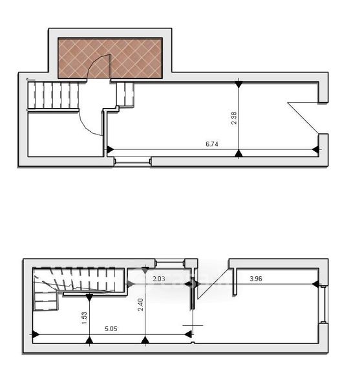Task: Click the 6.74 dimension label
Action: [x=212, y=144]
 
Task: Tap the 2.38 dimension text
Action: [x=234, y=118]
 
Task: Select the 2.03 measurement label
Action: [x=159, y=279]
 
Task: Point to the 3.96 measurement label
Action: [x=256, y=279]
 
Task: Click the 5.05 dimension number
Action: [x=111, y=329]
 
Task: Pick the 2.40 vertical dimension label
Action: [x=140, y=305]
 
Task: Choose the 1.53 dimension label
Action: [x=84, y=318]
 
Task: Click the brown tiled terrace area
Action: [x=111, y=58]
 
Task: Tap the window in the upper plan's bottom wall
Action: [x=132, y=162]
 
